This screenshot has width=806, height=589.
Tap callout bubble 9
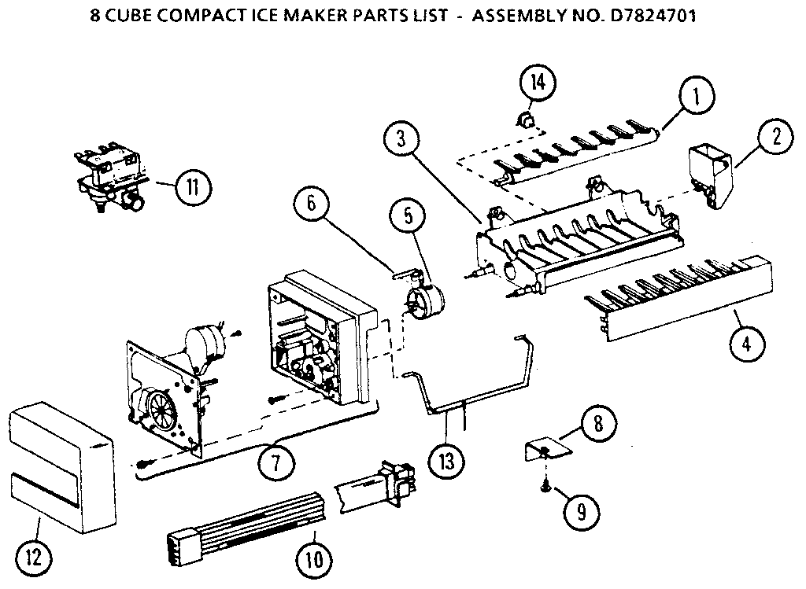(x=314, y=561)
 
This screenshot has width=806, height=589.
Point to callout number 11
(x=31, y=558)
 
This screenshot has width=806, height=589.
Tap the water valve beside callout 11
(x=521, y=120)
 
